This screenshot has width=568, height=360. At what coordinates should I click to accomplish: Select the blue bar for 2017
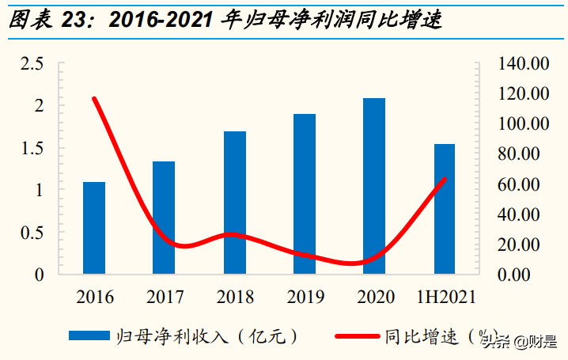[164, 218]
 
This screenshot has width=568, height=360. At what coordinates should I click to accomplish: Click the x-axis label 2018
[235, 297]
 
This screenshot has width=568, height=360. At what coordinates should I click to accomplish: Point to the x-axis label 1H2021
[446, 297]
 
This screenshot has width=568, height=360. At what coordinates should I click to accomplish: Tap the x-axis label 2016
[95, 297]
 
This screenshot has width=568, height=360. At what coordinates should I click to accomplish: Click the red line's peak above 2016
[94, 99]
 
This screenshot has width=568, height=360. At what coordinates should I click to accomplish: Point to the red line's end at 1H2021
[445, 180]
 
